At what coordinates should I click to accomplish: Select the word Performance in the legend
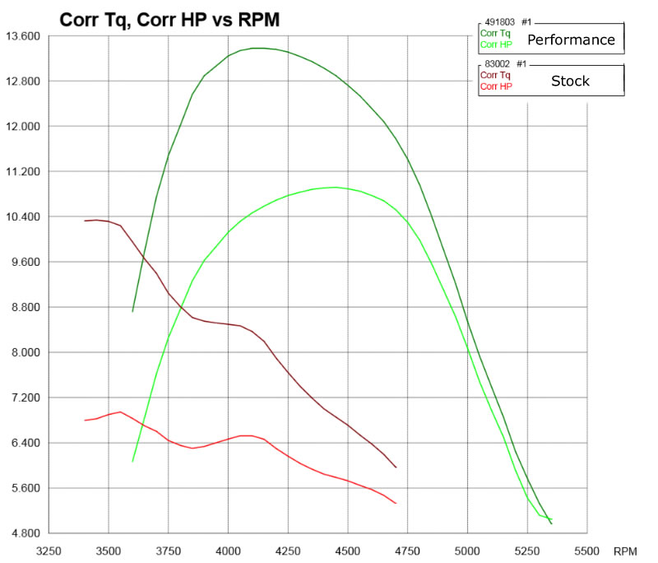click(x=571, y=40)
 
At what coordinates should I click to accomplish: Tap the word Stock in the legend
click(x=571, y=81)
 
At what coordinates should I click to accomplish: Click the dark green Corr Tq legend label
click(x=494, y=34)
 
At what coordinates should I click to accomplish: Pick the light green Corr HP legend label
click(x=495, y=44)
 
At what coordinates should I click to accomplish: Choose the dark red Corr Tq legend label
click(x=494, y=75)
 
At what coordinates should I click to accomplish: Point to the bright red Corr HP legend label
click(x=495, y=86)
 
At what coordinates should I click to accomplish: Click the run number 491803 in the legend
click(x=499, y=23)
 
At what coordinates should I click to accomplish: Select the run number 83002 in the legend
click(x=497, y=64)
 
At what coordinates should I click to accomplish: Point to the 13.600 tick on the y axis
click(x=22, y=36)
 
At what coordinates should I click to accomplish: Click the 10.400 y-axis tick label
click(x=22, y=217)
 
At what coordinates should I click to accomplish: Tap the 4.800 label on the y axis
click(x=25, y=533)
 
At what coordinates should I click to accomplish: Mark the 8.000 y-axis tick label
click(x=25, y=352)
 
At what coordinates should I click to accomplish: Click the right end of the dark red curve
click(x=396, y=468)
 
